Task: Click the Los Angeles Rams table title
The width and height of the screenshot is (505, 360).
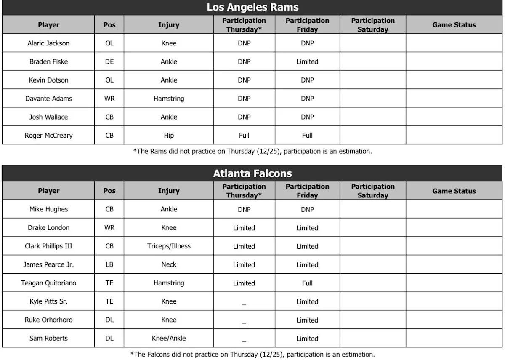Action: pyautogui.click(x=252, y=7)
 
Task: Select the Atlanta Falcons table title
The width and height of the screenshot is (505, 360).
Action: pyautogui.click(x=252, y=173)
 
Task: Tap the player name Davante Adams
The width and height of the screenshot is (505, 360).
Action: pyautogui.click(x=48, y=99)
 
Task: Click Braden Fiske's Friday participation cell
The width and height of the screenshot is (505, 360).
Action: pyautogui.click(x=307, y=61)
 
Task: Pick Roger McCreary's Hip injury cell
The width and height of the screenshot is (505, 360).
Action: pyautogui.click(x=169, y=136)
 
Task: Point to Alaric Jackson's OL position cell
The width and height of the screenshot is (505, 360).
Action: pyautogui.click(x=109, y=43)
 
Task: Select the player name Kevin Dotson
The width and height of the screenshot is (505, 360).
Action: pyautogui.click(x=48, y=80)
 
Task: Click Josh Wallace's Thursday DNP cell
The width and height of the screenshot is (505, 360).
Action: pyautogui.click(x=244, y=117)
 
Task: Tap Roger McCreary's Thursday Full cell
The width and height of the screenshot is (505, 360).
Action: pyautogui.click(x=244, y=136)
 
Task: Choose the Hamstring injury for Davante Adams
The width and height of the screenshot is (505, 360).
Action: pyautogui.click(x=169, y=99)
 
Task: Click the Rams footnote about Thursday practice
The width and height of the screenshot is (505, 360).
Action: pyautogui.click(x=252, y=151)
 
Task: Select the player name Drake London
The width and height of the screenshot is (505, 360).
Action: pyautogui.click(x=48, y=228)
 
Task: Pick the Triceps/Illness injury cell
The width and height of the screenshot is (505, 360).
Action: pyautogui.click(x=169, y=246)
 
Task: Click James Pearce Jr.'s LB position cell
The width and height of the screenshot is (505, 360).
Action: pyautogui.click(x=109, y=265)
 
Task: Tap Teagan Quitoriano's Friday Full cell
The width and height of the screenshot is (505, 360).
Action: pyautogui.click(x=307, y=283)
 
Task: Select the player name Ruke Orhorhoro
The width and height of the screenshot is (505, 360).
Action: pyautogui.click(x=48, y=320)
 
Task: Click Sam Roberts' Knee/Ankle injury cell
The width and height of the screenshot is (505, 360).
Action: pyautogui.click(x=169, y=339)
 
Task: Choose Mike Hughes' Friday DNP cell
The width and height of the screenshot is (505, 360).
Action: pyautogui.click(x=307, y=209)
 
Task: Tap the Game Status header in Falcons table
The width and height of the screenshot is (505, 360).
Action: pyautogui.click(x=454, y=191)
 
